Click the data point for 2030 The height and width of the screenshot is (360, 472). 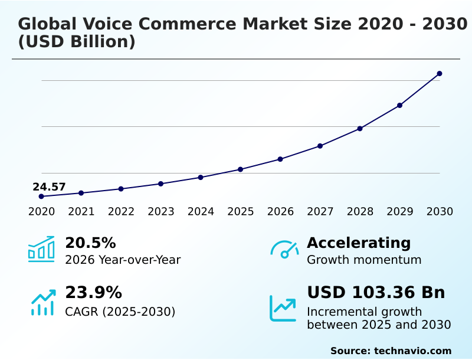coord(440,74)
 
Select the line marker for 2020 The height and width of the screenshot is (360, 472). coord(41,197)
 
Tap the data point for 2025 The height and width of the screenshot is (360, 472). coord(241,169)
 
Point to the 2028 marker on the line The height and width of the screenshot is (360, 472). coord(360,129)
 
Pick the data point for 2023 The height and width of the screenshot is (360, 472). coord(161,184)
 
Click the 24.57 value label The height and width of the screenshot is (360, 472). coord(49,187)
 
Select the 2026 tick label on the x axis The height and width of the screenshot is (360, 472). coord(280,212)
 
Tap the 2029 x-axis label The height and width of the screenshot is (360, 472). coord(399,212)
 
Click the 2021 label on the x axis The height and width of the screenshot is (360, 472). coord(81,212)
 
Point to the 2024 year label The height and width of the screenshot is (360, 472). coord(201,212)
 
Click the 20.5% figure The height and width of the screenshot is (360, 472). coord(90,243)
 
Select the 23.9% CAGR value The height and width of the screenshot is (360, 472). coord(93,293)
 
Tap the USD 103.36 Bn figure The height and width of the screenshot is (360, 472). coord(376,293)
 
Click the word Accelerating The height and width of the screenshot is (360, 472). coord(359,243)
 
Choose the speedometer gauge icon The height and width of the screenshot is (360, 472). coord(284,250)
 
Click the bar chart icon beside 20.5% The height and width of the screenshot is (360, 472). coord(41,250)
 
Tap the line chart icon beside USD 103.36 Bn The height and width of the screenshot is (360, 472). coord(283,308)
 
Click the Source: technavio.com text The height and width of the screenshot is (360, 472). coord(391,351)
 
